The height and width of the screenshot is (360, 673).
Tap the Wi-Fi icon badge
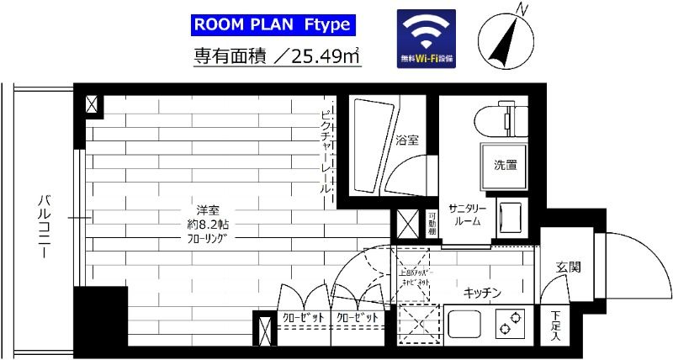click(427, 38)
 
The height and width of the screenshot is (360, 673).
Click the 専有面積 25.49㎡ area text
click(278, 57)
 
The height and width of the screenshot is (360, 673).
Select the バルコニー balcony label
click(43, 218)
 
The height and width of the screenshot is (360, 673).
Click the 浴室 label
click(408, 140)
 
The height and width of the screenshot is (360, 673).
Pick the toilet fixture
click(501, 117)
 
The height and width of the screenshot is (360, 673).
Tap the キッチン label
click(483, 292)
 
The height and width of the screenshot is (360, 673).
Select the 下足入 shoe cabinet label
click(556, 324)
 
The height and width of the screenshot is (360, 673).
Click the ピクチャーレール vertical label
click(327, 151)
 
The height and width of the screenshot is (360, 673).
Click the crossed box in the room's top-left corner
click(91, 105)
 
